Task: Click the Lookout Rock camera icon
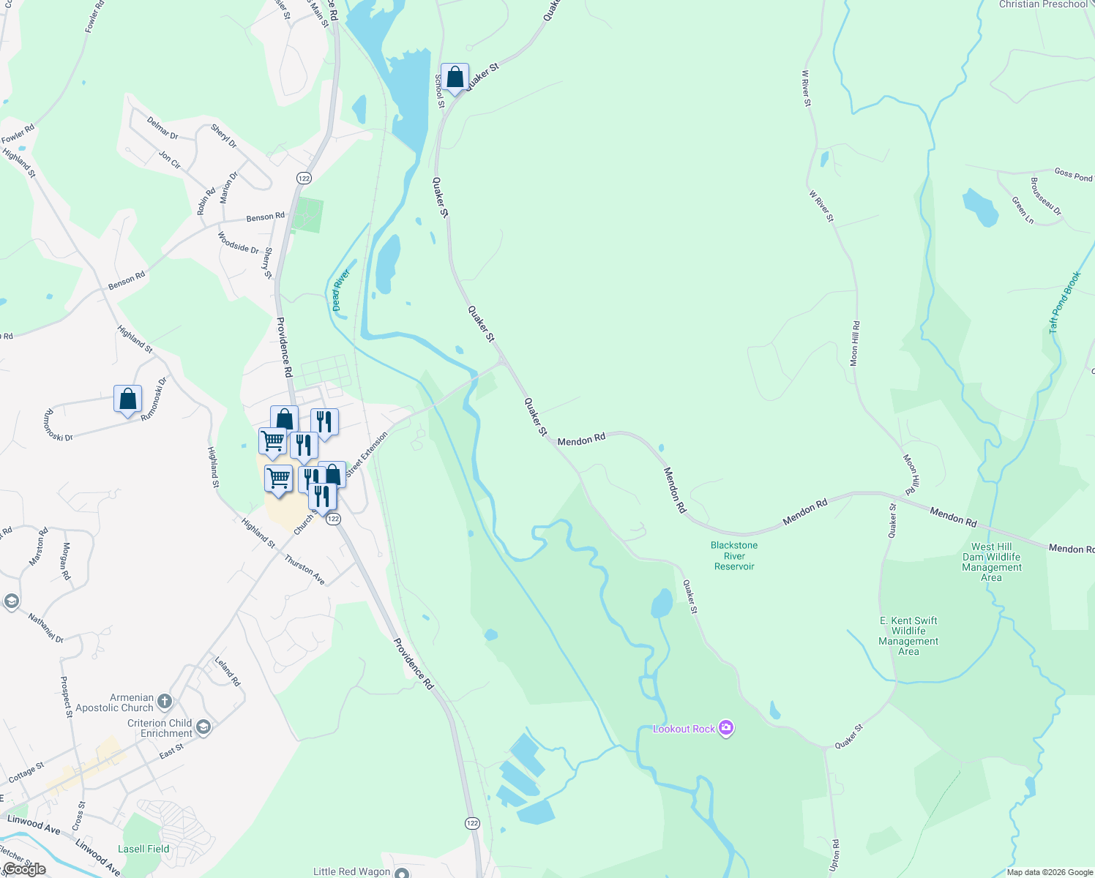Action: (726, 728)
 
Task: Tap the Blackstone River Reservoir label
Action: (734, 556)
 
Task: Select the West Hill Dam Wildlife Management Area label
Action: (992, 562)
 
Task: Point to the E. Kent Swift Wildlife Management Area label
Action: (908, 636)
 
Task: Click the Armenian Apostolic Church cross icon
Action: (164, 702)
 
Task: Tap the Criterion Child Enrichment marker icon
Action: (203, 727)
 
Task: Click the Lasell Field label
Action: (143, 849)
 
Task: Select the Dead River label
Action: (341, 290)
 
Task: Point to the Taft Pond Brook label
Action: (1064, 303)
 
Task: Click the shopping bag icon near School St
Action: (455, 78)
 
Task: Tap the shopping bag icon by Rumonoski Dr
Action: (128, 399)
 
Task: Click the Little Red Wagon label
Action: (352, 871)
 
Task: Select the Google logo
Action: (24, 869)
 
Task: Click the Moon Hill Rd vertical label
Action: (854, 344)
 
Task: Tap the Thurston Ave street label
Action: (304, 569)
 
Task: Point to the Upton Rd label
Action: (835, 854)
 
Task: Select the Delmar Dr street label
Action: (162, 128)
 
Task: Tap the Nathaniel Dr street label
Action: (46, 627)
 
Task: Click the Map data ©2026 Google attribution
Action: (1050, 872)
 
